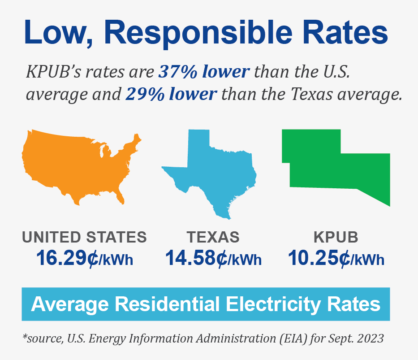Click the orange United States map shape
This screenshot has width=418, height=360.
coord(76,161)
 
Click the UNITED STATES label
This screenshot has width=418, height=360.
coord(84,237)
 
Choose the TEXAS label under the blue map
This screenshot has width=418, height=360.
coord(213,237)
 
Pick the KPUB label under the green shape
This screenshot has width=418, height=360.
coord(336,237)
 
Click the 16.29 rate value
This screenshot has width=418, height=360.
coord(61,258)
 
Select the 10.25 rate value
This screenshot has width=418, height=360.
coord(314,258)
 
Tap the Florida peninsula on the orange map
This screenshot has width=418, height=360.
coord(120,196)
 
